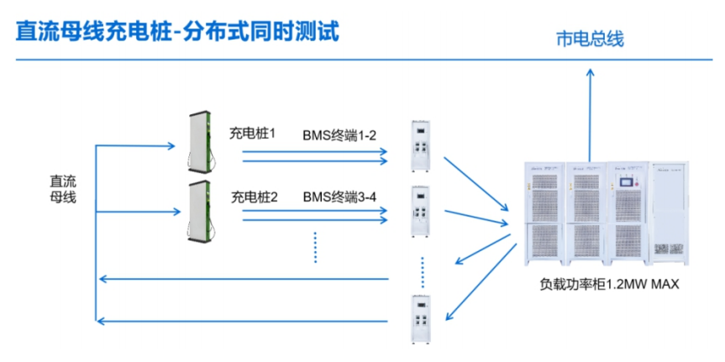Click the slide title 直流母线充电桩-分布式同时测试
177,33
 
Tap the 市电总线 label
591,39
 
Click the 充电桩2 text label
255,197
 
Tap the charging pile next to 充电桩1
201,141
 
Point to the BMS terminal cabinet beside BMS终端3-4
420,211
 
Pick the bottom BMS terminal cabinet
420,319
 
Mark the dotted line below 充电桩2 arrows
316,247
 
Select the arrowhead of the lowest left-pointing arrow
102,320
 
